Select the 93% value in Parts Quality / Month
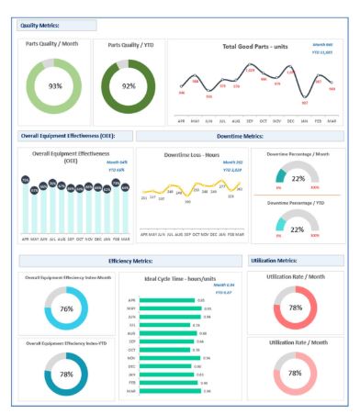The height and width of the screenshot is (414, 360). tap(55, 85)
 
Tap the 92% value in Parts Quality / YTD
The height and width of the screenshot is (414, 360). tap(129, 85)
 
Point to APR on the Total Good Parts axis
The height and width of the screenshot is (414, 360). tap(182, 119)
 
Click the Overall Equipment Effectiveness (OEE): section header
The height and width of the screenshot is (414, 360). tap(68, 136)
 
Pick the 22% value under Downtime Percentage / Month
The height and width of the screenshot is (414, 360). tap(297, 178)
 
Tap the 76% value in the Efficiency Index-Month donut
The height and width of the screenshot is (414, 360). tap(66, 309)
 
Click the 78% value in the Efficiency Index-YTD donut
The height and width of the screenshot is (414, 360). tap(66, 375)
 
